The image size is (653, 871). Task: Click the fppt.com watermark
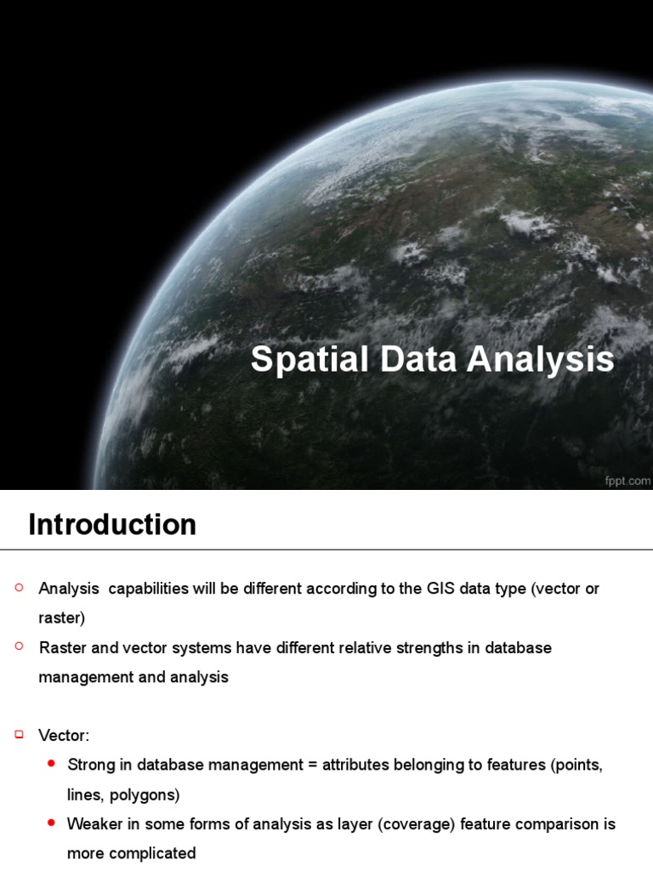628,481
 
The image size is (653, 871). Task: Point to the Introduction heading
112,525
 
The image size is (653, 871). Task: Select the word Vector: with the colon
64,735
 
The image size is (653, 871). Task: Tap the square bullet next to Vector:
20,733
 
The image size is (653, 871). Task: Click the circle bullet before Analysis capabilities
20,588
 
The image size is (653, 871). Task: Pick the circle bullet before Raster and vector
20,647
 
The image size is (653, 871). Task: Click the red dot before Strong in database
52,764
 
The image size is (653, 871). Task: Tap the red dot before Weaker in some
52,823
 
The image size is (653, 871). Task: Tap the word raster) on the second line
62,618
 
